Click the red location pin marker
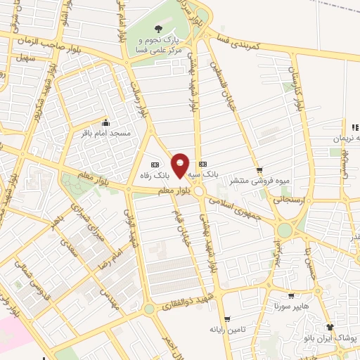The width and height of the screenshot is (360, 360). point(181,165)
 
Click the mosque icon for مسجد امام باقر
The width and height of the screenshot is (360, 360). point(105,121)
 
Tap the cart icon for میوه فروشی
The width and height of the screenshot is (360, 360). point(259,169)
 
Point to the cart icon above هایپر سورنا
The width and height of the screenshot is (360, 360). point(290,297)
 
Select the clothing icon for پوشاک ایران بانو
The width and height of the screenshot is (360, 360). point(329,327)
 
